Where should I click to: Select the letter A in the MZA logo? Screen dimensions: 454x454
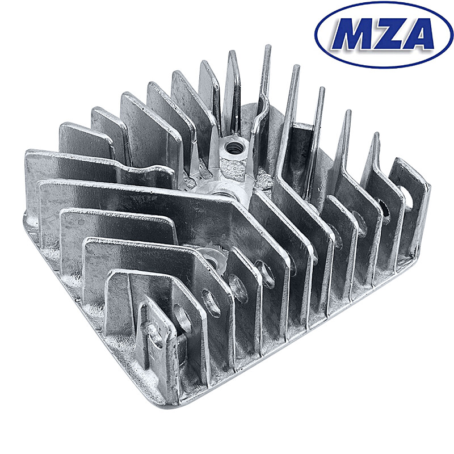(x=417, y=35)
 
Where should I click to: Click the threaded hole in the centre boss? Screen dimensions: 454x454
(x=232, y=149)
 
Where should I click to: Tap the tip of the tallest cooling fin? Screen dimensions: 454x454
(x=266, y=48)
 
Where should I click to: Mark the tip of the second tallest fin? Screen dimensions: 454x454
(x=295, y=69)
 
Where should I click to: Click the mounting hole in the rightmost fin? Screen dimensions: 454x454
(x=407, y=196)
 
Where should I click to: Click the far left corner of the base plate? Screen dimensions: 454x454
(x=26, y=216)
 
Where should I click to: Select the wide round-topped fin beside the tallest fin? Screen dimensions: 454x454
(x=233, y=79)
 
